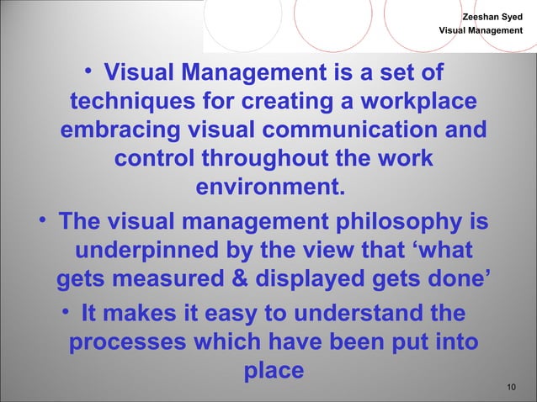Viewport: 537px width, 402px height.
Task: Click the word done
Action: pos(452,280)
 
